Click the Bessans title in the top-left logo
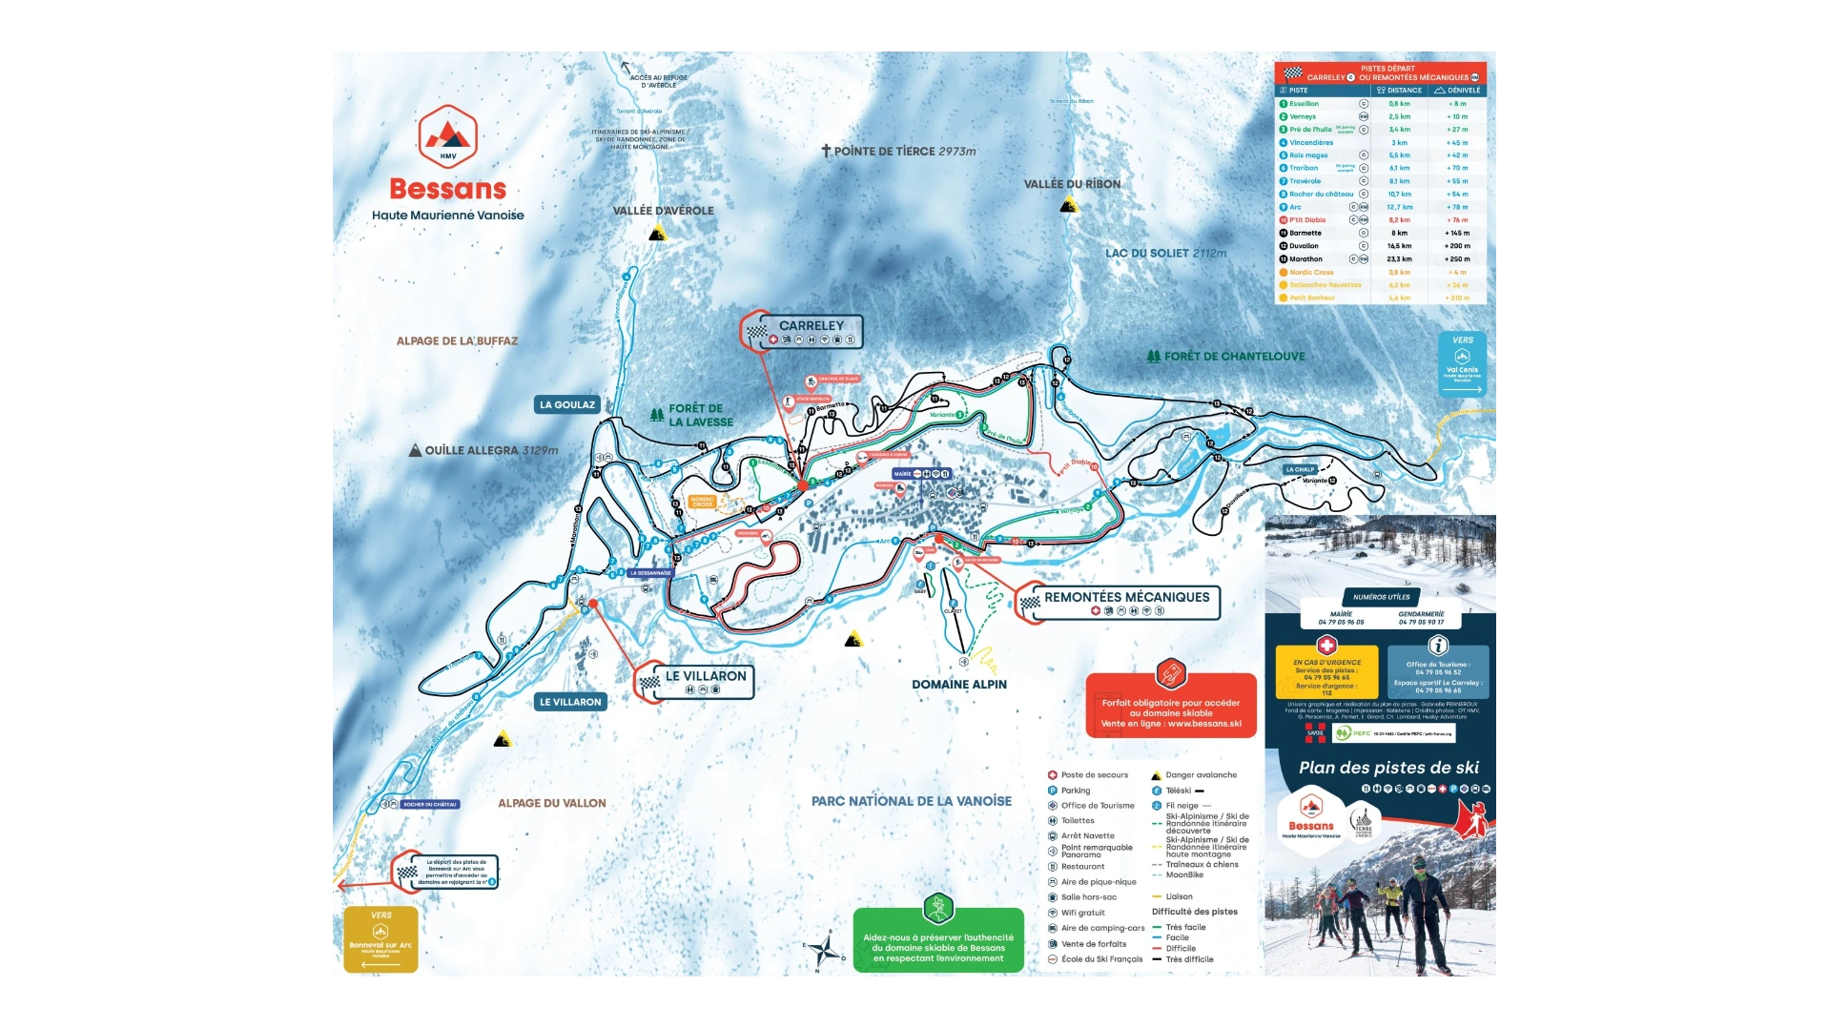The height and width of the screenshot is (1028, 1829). coord(447,189)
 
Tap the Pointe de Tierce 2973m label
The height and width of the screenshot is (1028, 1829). coord(899,151)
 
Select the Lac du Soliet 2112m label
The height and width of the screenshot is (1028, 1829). coord(1165,254)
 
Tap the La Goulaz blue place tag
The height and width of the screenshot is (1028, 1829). coord(566,404)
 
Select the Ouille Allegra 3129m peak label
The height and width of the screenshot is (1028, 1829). coord(484,450)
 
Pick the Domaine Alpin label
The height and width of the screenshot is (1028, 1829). coord(958,684)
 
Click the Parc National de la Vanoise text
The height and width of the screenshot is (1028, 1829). coord(911,801)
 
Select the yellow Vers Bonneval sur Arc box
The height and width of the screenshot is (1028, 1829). coord(380,939)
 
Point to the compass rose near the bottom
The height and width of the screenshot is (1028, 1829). coord(825,950)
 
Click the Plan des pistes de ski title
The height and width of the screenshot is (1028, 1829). coord(1387,768)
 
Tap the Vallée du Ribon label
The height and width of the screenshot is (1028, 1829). coord(1072,184)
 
